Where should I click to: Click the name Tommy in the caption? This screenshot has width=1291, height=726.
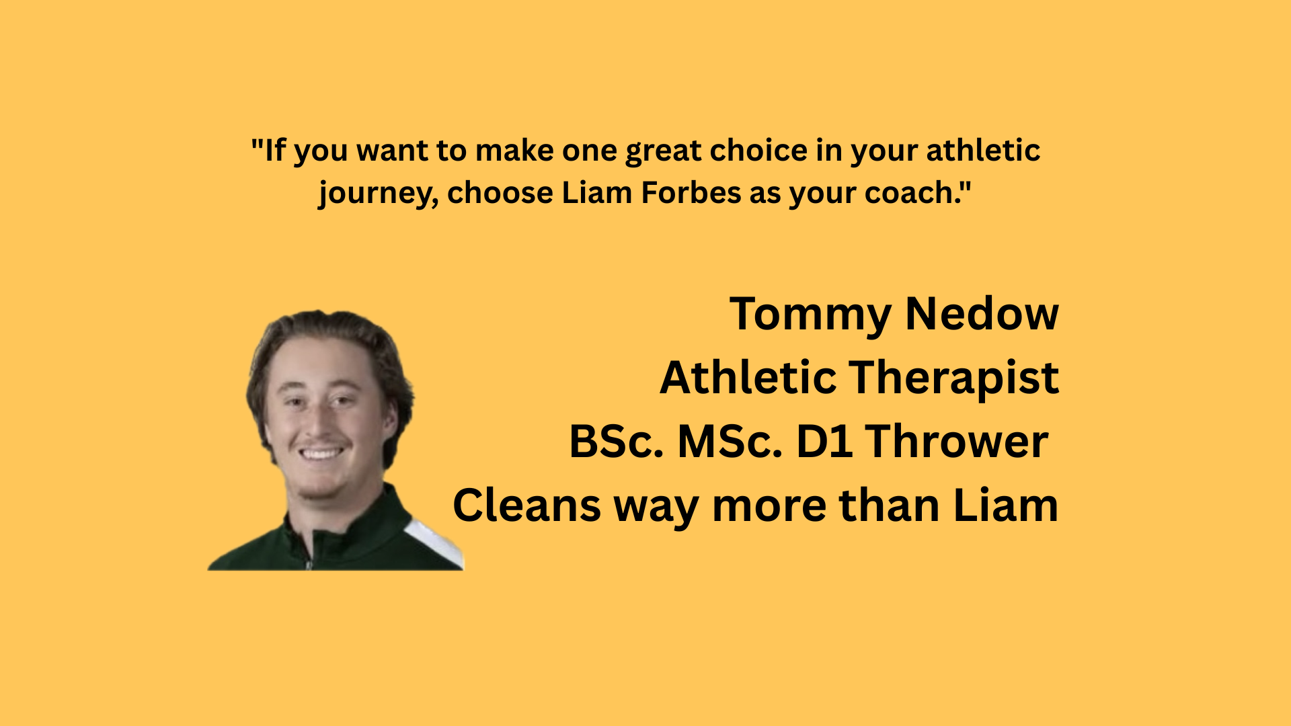pos(810,315)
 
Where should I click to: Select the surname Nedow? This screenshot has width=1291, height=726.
pos(982,314)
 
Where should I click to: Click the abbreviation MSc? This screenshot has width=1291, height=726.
pos(730,442)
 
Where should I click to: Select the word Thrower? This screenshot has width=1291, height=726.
pos(957,442)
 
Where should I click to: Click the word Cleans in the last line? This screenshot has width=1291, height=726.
pos(526,506)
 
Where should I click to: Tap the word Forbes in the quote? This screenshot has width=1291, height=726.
pos(691,193)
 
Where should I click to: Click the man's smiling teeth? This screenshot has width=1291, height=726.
pos(321,453)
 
